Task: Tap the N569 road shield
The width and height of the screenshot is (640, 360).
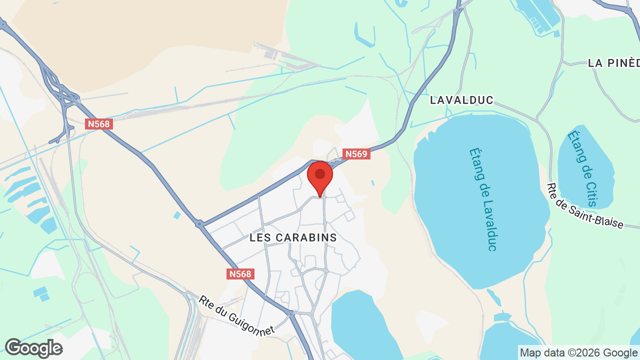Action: [x=356, y=154]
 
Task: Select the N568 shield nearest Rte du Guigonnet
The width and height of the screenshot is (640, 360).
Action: [x=241, y=274]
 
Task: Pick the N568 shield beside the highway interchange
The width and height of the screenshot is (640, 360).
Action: [x=98, y=124]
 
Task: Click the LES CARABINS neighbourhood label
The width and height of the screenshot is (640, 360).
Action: [x=293, y=238]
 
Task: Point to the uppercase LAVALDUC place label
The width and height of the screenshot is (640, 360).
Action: [x=461, y=100]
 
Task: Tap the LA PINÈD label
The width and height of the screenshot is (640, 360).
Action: [x=613, y=63]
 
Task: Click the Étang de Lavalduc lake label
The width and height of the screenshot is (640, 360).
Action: [x=483, y=199]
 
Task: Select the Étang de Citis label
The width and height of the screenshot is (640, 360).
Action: [x=582, y=168]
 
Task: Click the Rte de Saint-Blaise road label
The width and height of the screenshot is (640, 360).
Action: [x=585, y=206]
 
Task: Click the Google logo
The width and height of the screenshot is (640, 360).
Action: [x=33, y=348]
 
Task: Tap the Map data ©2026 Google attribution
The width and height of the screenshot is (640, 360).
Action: [x=579, y=352]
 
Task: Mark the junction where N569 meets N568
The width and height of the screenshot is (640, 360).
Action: [x=200, y=224]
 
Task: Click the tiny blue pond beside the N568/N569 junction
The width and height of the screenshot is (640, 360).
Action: [x=177, y=215]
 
